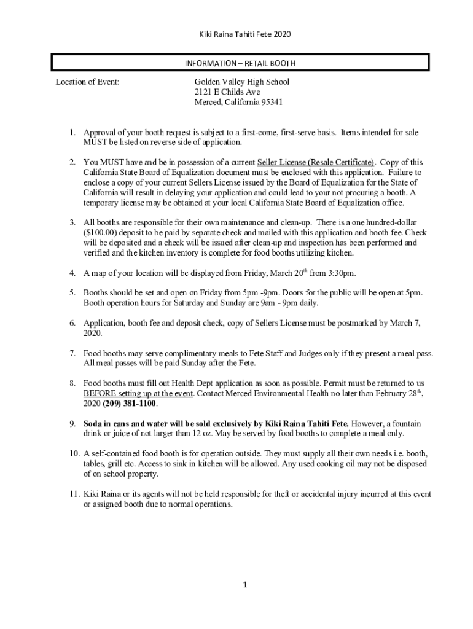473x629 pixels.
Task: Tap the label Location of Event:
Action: pyautogui.click(x=87, y=82)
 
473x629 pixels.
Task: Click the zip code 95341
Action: pyautogui.click(x=271, y=103)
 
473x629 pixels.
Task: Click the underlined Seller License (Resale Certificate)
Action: pyautogui.click(x=316, y=163)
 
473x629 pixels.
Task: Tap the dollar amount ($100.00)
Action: pyautogui.click(x=103, y=233)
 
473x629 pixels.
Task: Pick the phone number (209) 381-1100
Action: pyautogui.click(x=130, y=404)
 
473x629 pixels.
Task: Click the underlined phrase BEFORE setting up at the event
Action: pyautogui.click(x=138, y=393)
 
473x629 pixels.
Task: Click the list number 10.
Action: pyautogui.click(x=73, y=454)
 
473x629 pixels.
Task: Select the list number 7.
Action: pyautogui.click(x=72, y=353)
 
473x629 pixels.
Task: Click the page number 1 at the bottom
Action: pyautogui.click(x=244, y=585)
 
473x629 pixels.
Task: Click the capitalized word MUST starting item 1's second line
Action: pyautogui.click(x=95, y=143)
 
